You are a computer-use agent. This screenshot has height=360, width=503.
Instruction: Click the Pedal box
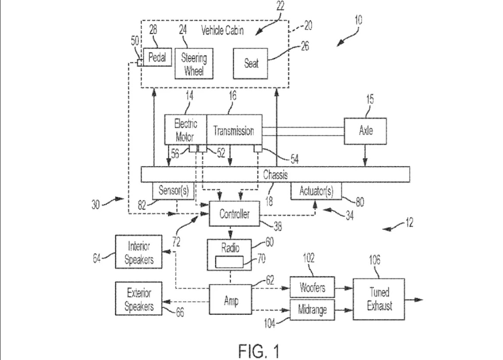pyautogui.click(x=157, y=57)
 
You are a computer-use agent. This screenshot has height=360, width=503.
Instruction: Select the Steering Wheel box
pyautogui.click(x=194, y=64)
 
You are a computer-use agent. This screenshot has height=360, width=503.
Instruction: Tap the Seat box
pyautogui.click(x=250, y=64)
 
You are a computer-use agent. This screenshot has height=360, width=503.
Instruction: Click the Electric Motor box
pyautogui.click(x=185, y=130)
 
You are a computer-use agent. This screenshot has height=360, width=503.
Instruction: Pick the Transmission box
pyautogui.click(x=234, y=130)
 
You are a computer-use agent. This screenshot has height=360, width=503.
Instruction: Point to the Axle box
pyautogui.click(x=365, y=131)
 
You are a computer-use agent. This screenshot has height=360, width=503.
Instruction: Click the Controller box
pyautogui.click(x=234, y=214)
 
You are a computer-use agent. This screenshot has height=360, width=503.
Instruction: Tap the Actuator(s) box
pyautogui.click(x=316, y=191)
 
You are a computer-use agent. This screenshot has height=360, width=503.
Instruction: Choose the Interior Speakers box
pyautogui.click(x=138, y=252)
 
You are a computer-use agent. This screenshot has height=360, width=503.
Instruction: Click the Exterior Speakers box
pyautogui.click(x=138, y=299)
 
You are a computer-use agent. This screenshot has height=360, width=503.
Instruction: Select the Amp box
pyautogui.click(x=230, y=299)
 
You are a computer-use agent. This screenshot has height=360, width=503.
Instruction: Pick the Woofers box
pyautogui.click(x=312, y=287)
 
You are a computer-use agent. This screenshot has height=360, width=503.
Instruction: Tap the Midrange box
pyautogui.click(x=312, y=310)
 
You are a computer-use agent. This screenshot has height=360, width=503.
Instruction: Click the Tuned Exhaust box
pyautogui.click(x=379, y=299)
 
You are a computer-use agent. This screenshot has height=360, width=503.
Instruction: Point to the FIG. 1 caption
pyautogui.click(x=259, y=351)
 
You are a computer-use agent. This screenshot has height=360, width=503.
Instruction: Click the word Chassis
pyautogui.click(x=275, y=175)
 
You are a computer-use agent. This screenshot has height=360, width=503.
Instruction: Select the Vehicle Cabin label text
pyautogui.click(x=222, y=31)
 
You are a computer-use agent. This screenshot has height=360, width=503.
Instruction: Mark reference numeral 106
pyautogui.click(x=374, y=260)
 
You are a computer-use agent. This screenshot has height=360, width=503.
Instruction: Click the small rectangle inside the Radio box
pyautogui.click(x=229, y=262)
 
